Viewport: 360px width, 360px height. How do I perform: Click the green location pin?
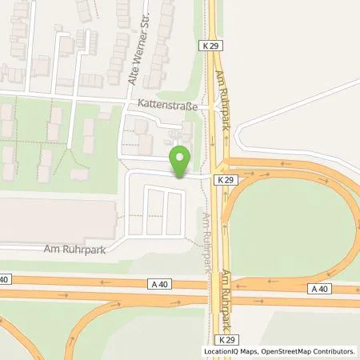pos(181,159)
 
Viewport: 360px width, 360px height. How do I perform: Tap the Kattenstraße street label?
pos(163,106)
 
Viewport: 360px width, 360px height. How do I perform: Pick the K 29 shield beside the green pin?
pos(226,182)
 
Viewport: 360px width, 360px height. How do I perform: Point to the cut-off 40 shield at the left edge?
pos(4,278)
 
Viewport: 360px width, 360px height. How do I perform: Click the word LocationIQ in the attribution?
pos(223,351)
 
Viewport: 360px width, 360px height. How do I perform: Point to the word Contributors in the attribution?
pos(336,351)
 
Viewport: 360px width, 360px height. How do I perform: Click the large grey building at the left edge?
pos(56,220)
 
